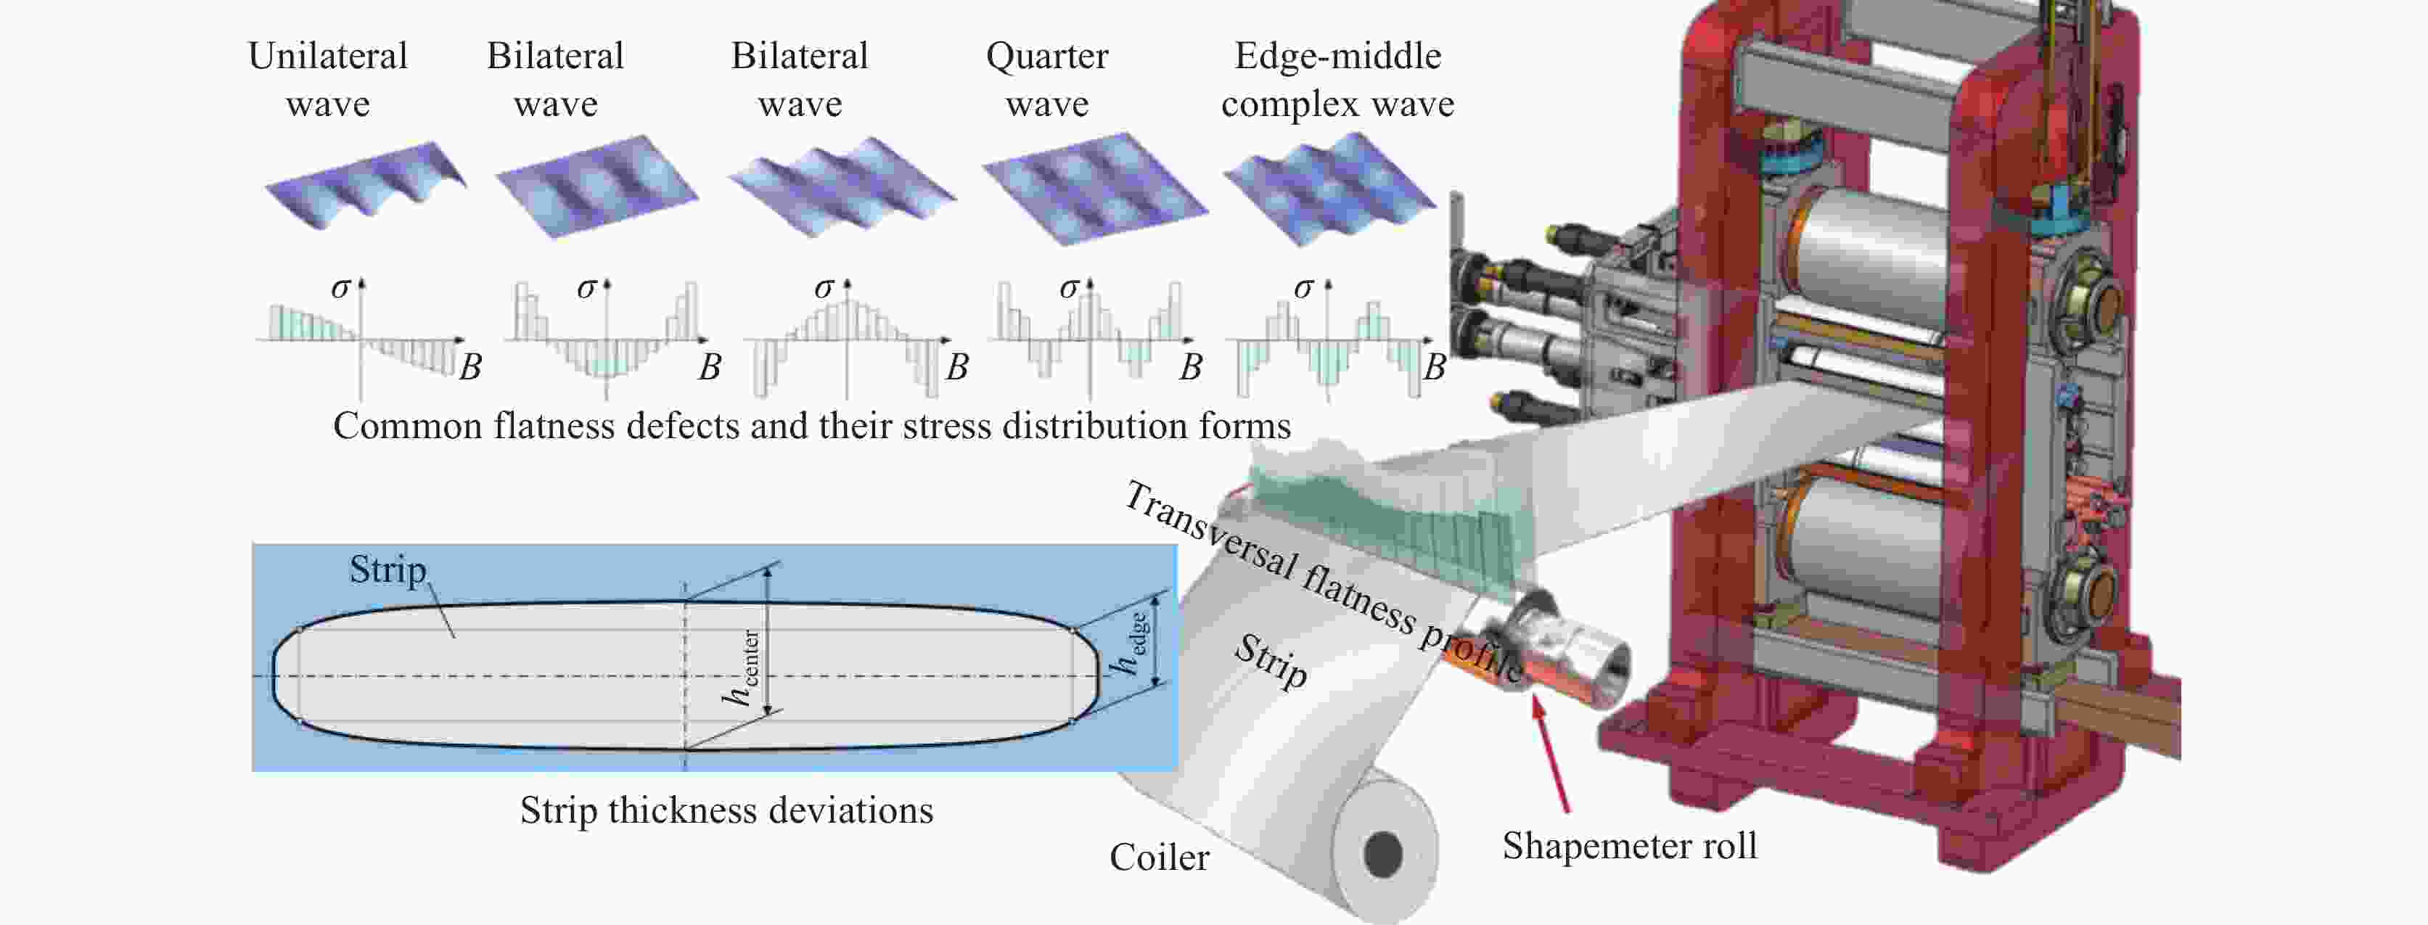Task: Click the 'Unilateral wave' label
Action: pyautogui.click(x=327, y=79)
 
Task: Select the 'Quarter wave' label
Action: pyautogui.click(x=1046, y=79)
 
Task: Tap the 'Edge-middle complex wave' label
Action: pyautogui.click(x=1337, y=79)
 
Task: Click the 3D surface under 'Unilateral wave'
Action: pyautogui.click(x=366, y=186)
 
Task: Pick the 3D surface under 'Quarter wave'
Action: pyautogui.click(x=1095, y=189)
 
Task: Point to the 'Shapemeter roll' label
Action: pyautogui.click(x=1629, y=846)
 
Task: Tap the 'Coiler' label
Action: pyautogui.click(x=1158, y=858)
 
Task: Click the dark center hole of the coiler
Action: pyautogui.click(x=1383, y=855)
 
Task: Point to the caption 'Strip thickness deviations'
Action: pyautogui.click(x=726, y=810)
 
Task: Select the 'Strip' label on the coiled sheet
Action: pyautogui.click(x=1271, y=660)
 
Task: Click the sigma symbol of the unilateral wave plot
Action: pyautogui.click(x=340, y=287)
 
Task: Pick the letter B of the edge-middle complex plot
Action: pyautogui.click(x=1434, y=366)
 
